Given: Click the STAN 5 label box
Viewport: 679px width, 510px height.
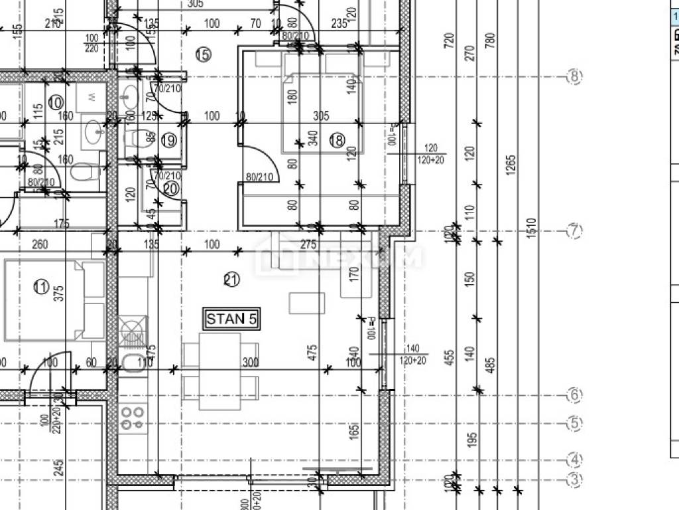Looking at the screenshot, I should [x=231, y=319].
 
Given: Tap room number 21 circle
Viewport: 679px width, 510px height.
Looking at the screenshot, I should [x=231, y=280].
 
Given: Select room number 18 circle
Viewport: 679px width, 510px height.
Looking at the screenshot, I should [x=337, y=139].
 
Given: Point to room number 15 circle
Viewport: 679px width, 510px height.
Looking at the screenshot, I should [x=203, y=54].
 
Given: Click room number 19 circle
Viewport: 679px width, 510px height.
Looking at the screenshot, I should [x=169, y=140].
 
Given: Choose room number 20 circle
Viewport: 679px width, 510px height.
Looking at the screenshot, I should [x=170, y=189].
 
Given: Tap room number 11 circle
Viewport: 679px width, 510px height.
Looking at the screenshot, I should [x=41, y=288].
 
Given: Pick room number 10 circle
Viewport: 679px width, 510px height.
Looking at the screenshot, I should [x=56, y=103].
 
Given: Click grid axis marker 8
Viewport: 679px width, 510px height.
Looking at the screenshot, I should [x=574, y=77].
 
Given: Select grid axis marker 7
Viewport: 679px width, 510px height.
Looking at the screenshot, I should [x=574, y=231].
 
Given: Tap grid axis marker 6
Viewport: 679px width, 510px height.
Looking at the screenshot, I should [x=574, y=395].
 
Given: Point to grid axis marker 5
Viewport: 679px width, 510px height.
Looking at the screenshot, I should [x=574, y=422].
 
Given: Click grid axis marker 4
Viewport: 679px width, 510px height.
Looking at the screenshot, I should [x=574, y=460].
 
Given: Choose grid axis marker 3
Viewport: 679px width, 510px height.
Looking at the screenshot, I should [x=574, y=479].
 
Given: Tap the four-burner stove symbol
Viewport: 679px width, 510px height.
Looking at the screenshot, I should [x=133, y=417].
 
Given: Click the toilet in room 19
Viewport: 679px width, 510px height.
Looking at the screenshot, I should [x=134, y=138].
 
